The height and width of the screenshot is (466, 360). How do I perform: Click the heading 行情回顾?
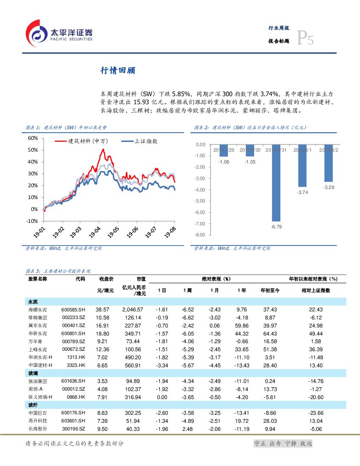[117, 71]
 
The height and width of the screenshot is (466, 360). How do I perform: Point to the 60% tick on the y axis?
[33, 138]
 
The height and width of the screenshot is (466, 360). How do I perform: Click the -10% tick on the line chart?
[32, 221]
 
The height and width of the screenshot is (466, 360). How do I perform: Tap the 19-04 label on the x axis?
[95, 233]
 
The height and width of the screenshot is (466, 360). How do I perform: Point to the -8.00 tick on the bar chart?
[200, 235]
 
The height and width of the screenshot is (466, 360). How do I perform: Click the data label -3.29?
[329, 187]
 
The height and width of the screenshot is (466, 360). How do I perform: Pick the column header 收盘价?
[106, 279]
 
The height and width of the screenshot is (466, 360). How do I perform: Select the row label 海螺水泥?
[37, 310]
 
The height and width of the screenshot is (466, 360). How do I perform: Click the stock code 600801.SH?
[73, 334]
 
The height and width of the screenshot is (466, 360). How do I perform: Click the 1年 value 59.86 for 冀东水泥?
[241, 326]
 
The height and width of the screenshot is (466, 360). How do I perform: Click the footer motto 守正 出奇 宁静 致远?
[282, 444]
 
